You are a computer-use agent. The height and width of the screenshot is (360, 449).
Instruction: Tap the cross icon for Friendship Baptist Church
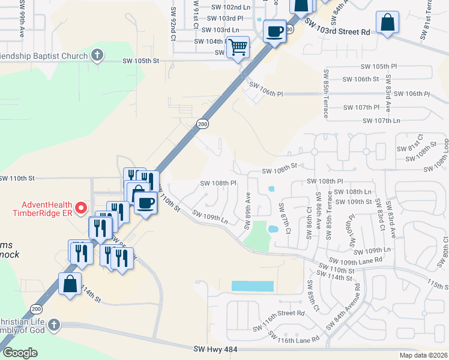(97, 56)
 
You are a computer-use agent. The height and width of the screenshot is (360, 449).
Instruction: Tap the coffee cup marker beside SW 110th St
(145, 202)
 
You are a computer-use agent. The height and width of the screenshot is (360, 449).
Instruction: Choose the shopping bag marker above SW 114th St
(70, 284)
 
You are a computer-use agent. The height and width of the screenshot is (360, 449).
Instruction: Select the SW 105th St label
(140, 61)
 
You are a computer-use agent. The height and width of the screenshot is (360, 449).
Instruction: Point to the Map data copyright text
(423, 355)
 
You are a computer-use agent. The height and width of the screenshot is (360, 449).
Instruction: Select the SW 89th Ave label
(247, 210)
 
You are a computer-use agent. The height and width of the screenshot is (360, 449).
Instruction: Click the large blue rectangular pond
(252, 286)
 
